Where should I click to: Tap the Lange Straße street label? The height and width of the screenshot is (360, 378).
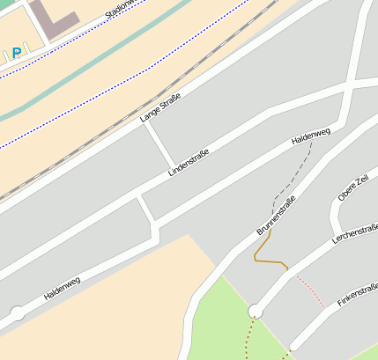[x=159, y=107]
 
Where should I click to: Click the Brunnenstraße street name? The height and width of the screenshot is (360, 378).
[x=276, y=215]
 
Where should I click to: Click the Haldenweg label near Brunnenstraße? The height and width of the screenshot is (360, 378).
[x=310, y=136]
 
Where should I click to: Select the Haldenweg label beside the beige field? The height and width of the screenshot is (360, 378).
[x=62, y=288]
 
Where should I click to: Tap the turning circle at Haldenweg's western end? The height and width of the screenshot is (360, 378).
[x=17, y=312]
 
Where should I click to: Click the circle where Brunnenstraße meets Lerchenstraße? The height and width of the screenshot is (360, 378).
[x=256, y=310]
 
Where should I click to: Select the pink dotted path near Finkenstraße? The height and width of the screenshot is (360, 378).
[x=308, y=288]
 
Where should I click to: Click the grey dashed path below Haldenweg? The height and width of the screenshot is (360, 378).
[x=293, y=181]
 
